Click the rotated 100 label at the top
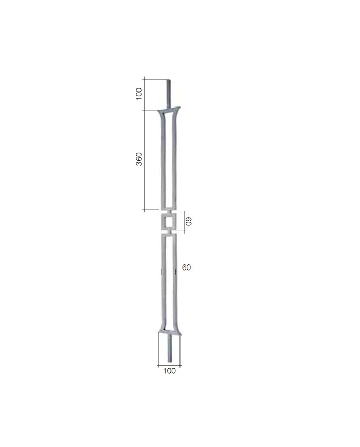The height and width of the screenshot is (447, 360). tap(139, 94)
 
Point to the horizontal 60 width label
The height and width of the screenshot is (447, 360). tap(186, 267)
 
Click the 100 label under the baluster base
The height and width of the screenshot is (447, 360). tap(169, 371)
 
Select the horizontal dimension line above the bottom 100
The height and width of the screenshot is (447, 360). tap(169, 365)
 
